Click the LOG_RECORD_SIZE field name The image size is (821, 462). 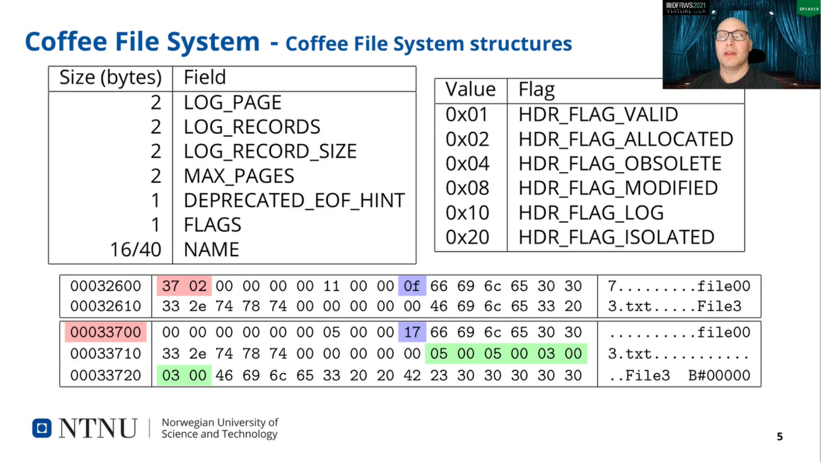click(x=270, y=151)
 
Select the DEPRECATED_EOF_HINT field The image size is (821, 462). click(x=295, y=200)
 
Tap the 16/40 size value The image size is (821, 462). click(x=135, y=249)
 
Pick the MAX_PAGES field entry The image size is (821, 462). click(x=239, y=176)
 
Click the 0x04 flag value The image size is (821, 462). click(x=467, y=164)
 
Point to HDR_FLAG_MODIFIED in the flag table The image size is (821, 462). click(x=618, y=188)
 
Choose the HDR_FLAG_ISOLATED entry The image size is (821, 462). click(x=616, y=237)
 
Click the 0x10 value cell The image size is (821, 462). click(x=467, y=213)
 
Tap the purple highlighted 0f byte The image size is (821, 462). click(x=412, y=286)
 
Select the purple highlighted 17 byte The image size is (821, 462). click(x=412, y=332)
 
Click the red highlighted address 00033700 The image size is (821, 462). click(x=106, y=332)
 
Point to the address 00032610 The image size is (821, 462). click(x=106, y=306)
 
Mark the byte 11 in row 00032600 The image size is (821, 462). click(x=331, y=286)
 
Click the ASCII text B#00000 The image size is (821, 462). click(x=719, y=375)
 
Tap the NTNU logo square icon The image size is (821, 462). click(x=42, y=428)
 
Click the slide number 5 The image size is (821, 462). click(x=779, y=436)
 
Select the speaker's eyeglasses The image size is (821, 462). click(x=731, y=36)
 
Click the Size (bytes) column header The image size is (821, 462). click(x=110, y=78)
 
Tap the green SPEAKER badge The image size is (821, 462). click(x=809, y=8)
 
